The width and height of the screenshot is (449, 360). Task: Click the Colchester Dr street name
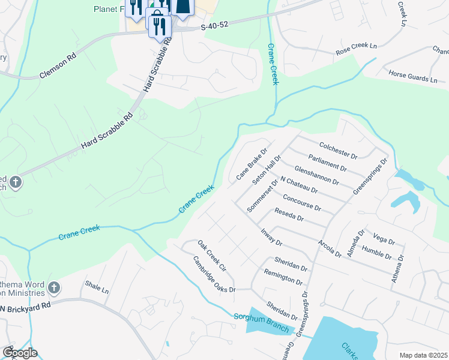[338, 150]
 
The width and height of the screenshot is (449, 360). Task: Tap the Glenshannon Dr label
[316, 173]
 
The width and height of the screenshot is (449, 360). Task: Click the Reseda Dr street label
[289, 215]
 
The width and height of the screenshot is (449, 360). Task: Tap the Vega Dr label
[383, 241]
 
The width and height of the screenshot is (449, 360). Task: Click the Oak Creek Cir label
[211, 255]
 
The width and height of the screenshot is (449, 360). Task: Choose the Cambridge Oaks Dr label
[214, 275]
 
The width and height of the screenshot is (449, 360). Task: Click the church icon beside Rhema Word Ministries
[54, 288]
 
